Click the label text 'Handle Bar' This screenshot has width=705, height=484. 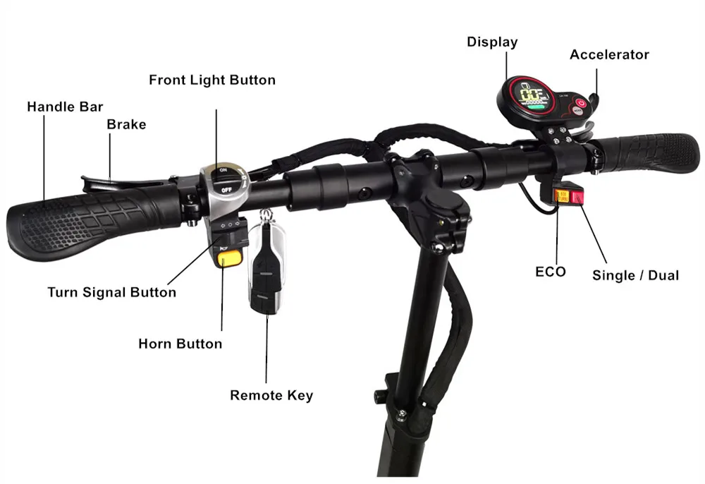click(65, 107)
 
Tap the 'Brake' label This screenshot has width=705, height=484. click(126, 125)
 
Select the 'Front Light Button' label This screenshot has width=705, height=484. click(212, 80)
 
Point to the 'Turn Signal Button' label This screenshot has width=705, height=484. click(111, 292)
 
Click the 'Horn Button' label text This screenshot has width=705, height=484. click(180, 344)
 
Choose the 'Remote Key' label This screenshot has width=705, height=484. click(271, 395)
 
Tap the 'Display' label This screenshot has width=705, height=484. click(492, 42)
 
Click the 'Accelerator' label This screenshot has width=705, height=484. click(609, 55)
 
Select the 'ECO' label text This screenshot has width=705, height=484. click(550, 272)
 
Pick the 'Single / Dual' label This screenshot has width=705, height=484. click(635, 275)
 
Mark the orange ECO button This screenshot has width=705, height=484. click(563, 195)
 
